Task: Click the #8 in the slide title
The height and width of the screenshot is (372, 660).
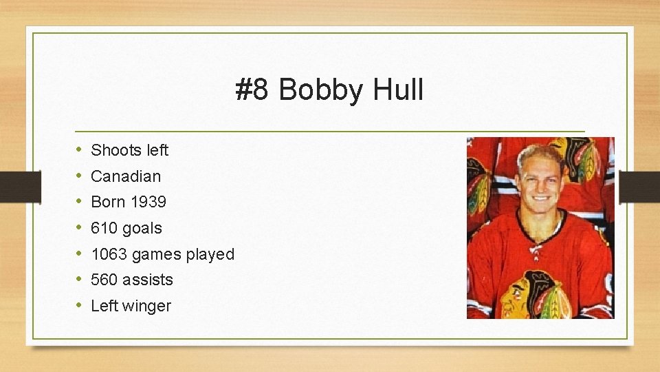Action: tap(252, 90)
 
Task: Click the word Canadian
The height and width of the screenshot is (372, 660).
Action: tap(126, 176)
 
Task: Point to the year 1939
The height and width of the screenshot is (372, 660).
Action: tap(148, 203)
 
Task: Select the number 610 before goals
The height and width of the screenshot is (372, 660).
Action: tap(104, 228)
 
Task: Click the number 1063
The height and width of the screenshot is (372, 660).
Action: tap(109, 254)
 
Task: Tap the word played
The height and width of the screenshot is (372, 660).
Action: tap(208, 255)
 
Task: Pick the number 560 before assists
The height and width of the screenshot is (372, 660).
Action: tap(104, 280)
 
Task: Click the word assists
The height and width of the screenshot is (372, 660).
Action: tap(148, 280)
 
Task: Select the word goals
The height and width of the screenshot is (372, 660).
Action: tap(142, 229)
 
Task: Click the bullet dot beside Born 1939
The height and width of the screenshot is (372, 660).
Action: tap(79, 202)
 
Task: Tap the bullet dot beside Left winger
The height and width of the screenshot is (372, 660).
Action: tap(79, 305)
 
